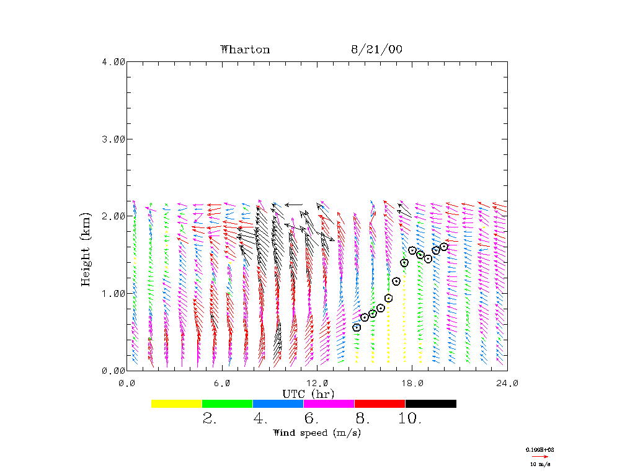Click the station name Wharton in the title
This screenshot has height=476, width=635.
click(x=245, y=50)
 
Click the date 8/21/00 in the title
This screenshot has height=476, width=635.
click(x=376, y=50)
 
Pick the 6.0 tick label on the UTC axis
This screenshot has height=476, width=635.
click(x=222, y=383)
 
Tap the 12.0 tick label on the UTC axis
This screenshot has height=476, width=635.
click(x=317, y=383)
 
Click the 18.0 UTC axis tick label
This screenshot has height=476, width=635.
click(x=412, y=383)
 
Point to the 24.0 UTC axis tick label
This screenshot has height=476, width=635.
click(x=507, y=383)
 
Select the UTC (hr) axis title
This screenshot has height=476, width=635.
click(x=309, y=394)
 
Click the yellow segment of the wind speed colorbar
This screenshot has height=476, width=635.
click(x=177, y=403)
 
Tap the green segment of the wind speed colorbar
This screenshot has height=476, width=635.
click(x=228, y=403)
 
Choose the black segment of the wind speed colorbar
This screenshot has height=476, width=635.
click(x=431, y=403)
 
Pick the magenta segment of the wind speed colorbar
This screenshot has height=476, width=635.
click(x=329, y=403)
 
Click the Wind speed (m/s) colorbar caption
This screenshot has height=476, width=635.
click(x=317, y=433)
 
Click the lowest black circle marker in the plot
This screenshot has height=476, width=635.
click(x=357, y=327)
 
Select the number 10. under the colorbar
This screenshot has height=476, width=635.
click(x=410, y=419)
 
